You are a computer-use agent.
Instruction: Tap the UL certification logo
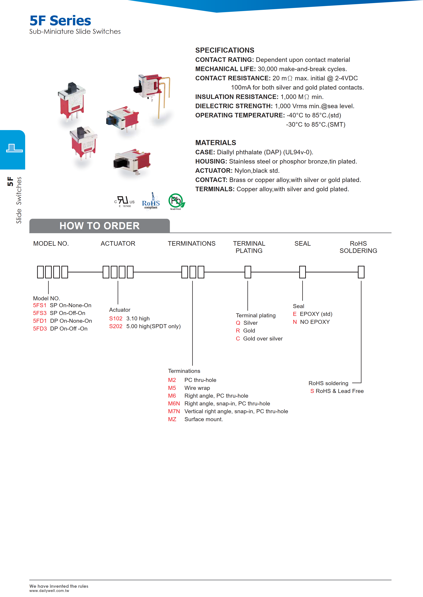[124, 201]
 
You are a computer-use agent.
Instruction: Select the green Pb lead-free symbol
[176, 201]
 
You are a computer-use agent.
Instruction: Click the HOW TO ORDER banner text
[100, 226]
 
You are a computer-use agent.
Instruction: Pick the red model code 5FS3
[40, 313]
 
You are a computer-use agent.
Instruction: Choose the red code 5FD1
[40, 321]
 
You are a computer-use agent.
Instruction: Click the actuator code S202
[116, 326]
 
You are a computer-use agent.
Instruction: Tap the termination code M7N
[174, 411]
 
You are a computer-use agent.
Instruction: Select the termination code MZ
[172, 419]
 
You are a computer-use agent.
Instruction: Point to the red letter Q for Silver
[238, 323]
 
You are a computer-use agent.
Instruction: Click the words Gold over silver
[263, 338]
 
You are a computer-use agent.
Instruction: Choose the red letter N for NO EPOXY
[295, 322]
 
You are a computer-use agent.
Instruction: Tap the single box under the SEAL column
[302, 272]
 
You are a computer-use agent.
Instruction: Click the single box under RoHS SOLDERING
[361, 272]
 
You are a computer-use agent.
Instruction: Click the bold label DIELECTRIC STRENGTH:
[234, 106]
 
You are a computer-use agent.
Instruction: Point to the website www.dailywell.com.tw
[49, 591]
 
